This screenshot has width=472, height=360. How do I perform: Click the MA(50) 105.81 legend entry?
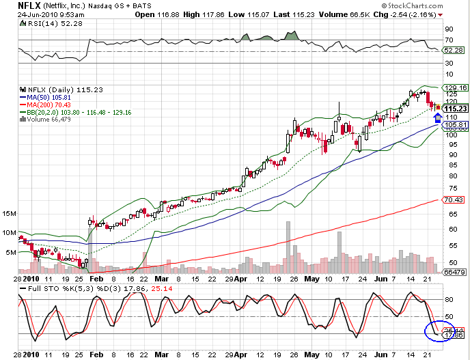click(51, 96)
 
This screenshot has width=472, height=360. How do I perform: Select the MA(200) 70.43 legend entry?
click(50, 104)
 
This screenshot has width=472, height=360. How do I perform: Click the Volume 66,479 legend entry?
click(49, 119)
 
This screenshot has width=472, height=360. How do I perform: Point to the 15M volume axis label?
click(10, 214)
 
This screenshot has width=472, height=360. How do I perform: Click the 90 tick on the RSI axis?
click(449, 30)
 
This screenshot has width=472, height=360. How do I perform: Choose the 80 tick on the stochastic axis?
click(449, 299)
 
